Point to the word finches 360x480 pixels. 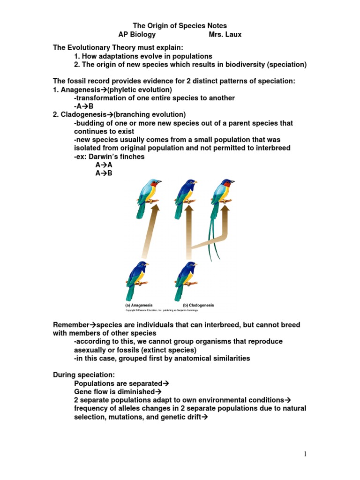[132, 157]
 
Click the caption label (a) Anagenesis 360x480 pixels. [139, 305]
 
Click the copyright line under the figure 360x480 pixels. [162, 310]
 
